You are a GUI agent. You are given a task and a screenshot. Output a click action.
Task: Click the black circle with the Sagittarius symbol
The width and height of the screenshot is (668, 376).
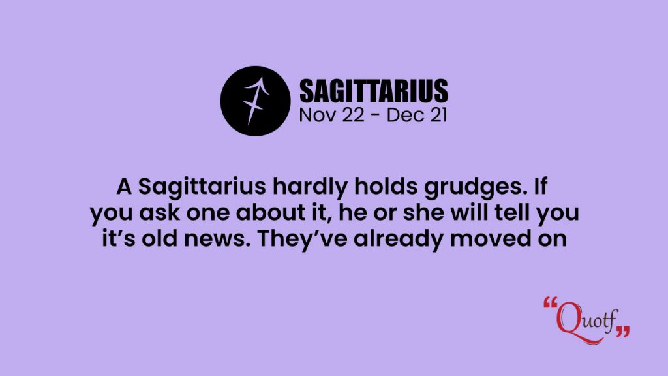point(255,101)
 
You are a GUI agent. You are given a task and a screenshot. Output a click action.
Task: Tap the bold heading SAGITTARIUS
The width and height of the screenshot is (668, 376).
point(374,91)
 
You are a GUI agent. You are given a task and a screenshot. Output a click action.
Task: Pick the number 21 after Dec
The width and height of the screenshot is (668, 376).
point(436,115)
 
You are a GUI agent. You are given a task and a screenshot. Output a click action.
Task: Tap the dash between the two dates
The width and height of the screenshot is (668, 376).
point(375,116)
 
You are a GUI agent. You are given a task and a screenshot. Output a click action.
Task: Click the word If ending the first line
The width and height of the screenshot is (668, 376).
point(539,187)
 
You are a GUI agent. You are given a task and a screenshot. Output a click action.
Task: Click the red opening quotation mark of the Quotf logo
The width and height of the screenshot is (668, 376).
point(551,303)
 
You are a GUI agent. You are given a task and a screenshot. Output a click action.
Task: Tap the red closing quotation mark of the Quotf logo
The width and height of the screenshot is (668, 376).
point(622,331)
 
